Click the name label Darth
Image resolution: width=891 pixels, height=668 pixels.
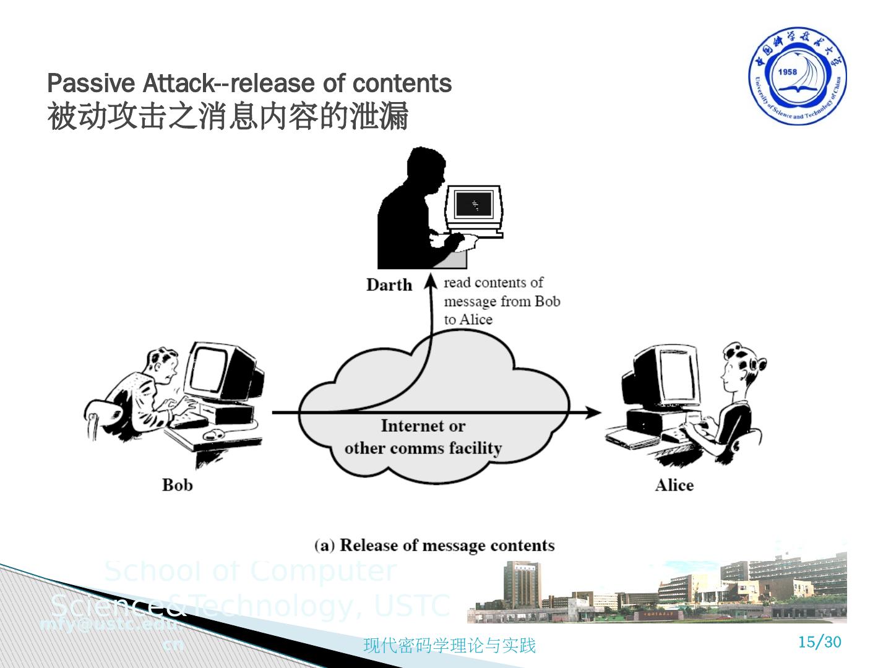tap(389, 285)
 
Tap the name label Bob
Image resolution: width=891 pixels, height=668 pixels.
tap(177, 484)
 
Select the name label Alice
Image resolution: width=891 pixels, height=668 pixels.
tap(674, 485)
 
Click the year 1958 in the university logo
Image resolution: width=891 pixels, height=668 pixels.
tap(788, 72)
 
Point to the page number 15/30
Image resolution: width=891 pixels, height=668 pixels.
tap(820, 642)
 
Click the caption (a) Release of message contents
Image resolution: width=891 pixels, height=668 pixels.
tap(434, 546)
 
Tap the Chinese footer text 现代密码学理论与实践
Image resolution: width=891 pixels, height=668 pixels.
tap(449, 646)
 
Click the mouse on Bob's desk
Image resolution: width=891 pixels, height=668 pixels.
tap(214, 433)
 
